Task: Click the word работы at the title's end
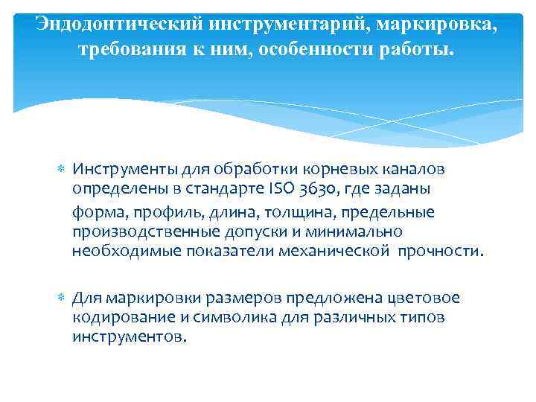coord(418,51)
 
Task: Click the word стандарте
coord(220,189)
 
